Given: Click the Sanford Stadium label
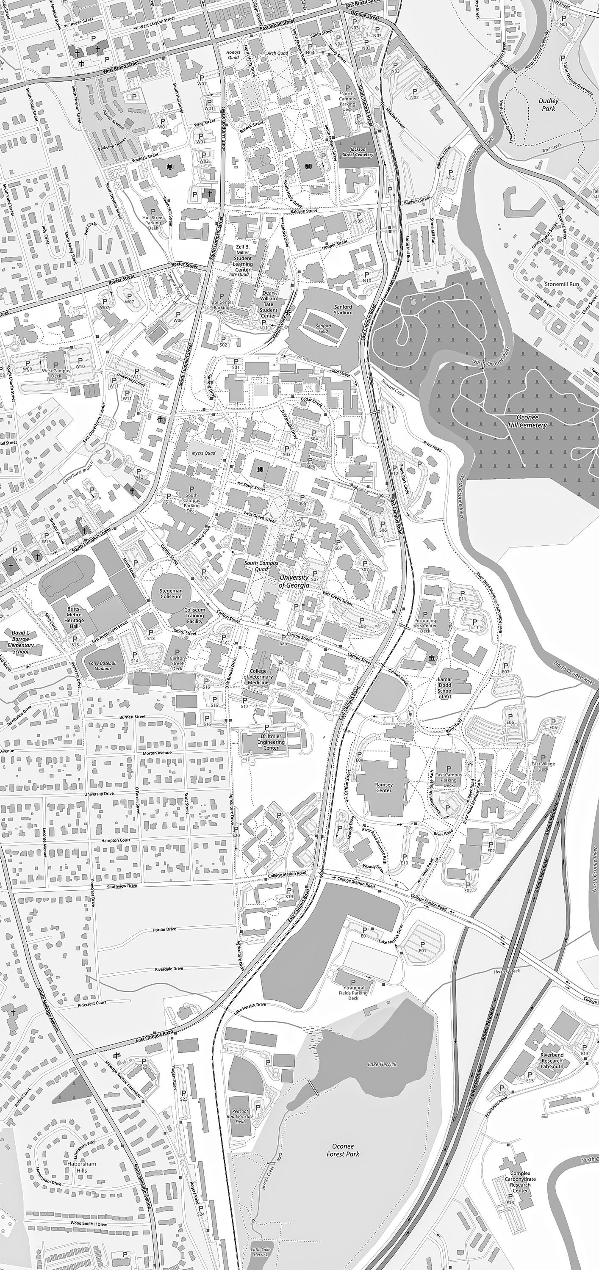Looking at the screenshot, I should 343,309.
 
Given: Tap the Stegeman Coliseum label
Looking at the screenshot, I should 171,593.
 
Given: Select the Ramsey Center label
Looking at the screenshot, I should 384,787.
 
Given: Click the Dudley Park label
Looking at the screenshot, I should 549,105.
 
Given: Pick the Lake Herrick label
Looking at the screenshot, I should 382,1064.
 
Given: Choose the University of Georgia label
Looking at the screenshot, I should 294,581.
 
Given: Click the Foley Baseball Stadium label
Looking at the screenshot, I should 103,665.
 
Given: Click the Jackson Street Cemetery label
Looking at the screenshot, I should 358,152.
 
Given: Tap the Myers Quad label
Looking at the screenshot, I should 203,453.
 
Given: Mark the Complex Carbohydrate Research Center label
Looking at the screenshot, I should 520,1182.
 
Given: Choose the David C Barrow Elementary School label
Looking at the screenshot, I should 21,642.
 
